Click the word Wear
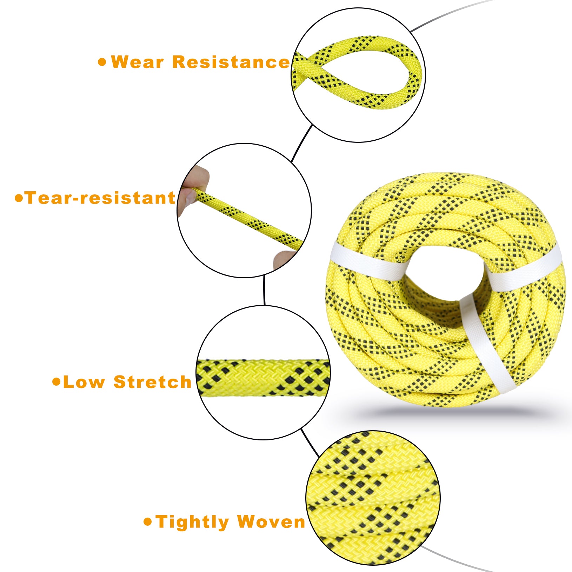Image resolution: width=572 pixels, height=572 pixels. click(x=137, y=62)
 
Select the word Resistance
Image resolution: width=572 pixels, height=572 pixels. click(x=231, y=62)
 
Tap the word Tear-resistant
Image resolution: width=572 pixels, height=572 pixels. click(x=100, y=198)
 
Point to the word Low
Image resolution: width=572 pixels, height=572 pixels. click(x=84, y=382)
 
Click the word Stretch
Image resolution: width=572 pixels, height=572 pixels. click(x=152, y=382)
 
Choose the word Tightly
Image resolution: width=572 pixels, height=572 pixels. click(x=192, y=522)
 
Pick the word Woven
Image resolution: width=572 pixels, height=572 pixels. click(x=271, y=522)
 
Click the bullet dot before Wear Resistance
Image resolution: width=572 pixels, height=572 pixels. click(x=102, y=62)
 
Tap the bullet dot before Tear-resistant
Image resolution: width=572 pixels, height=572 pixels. click(x=19, y=198)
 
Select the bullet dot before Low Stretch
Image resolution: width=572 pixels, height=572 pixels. click(x=56, y=382)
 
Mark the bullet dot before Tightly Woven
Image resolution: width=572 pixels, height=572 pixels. click(x=148, y=522)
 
